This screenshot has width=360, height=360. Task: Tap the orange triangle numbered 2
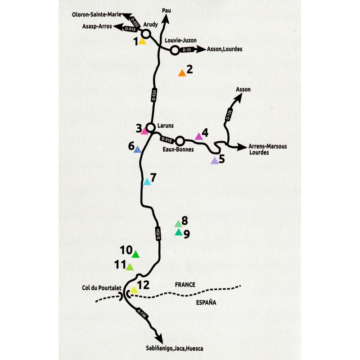tap(182, 73)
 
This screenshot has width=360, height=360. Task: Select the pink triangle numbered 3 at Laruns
tap(144, 131)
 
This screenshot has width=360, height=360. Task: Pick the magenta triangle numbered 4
tap(199, 136)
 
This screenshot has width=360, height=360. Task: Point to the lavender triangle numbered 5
tap(215, 161)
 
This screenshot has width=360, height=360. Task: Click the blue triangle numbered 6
tap(138, 149)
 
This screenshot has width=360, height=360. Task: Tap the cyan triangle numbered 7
tap(147, 182)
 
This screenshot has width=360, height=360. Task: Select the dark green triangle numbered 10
tap(135, 254)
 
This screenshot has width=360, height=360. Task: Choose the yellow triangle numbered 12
tap(134, 290)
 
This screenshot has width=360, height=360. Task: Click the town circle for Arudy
tap(146, 34)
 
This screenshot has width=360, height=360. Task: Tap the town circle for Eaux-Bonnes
tap(180, 141)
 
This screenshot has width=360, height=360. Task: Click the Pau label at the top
tap(166, 10)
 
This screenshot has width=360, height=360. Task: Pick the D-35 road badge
tap(187, 50)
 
